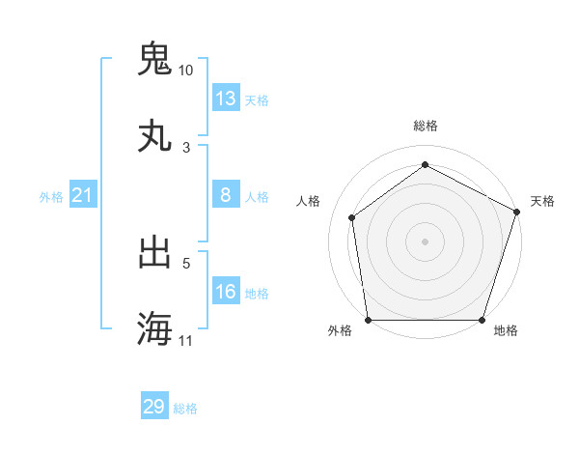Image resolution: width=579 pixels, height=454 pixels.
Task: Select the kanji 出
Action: (154, 252)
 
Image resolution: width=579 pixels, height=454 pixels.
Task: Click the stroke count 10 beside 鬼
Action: (186, 71)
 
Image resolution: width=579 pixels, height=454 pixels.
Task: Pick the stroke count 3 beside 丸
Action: (186, 148)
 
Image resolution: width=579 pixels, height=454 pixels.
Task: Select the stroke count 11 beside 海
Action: (186, 341)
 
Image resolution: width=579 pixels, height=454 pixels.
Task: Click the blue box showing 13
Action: (226, 99)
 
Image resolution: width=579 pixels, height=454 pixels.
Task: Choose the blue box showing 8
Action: (226, 195)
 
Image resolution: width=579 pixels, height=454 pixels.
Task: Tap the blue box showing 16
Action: (226, 292)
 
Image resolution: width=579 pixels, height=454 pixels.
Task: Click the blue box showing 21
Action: (83, 196)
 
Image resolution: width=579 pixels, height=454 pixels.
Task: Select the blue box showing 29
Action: (154, 407)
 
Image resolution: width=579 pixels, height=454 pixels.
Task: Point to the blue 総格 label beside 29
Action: (185, 409)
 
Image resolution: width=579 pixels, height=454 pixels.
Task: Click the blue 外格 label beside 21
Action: (51, 197)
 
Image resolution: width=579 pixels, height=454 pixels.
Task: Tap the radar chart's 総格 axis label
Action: (426, 126)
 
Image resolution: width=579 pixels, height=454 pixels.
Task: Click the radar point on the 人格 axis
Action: (352, 217)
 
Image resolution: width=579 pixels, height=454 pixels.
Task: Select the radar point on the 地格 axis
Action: (482, 320)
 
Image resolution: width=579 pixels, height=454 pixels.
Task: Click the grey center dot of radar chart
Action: (426, 241)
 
